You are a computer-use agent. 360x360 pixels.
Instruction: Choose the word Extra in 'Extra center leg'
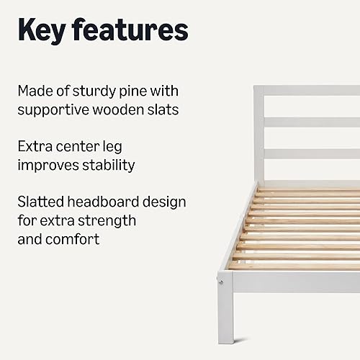35,146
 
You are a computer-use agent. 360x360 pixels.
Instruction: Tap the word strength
110,220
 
